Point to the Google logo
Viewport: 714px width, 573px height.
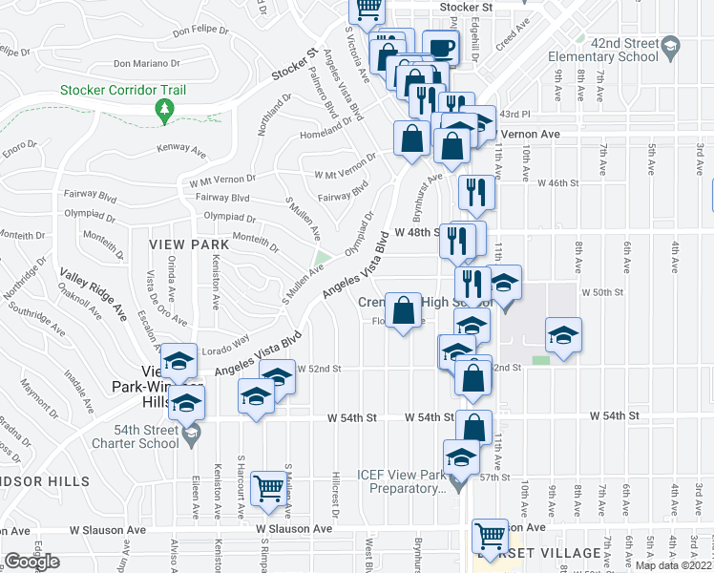31,562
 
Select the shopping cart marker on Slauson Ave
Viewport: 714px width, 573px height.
490,535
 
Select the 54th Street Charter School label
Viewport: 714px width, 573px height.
136,435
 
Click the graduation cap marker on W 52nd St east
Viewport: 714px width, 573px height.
563,336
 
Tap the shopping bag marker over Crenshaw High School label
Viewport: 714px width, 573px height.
404,309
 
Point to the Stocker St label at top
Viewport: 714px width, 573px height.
465,7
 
